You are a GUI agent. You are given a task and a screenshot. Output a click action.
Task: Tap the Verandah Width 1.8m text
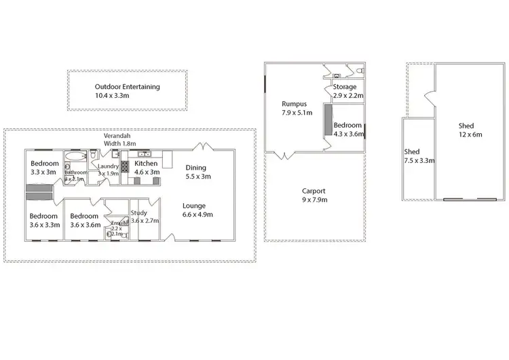(119, 139)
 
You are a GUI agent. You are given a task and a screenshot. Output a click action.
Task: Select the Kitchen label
(147, 164)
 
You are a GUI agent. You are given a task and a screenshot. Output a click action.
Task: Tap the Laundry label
(109, 166)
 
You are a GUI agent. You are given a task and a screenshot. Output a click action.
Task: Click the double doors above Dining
(202, 146)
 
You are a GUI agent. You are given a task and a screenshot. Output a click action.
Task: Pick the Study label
(138, 213)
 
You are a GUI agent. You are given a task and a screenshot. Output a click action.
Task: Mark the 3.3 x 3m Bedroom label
(44, 168)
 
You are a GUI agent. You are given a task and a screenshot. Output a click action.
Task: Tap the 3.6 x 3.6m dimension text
(85, 225)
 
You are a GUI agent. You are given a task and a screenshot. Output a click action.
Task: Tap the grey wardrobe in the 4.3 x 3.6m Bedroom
(328, 121)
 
